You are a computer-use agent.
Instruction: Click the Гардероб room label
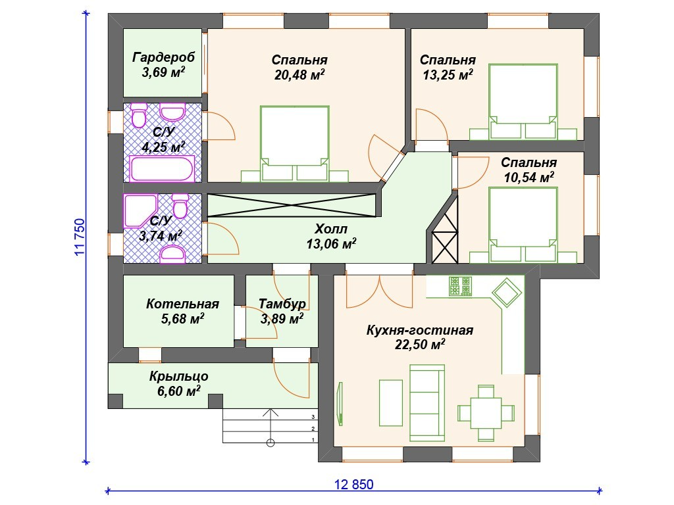click(163, 57)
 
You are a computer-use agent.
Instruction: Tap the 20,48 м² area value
click(299, 75)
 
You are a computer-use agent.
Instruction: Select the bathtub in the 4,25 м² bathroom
click(162, 169)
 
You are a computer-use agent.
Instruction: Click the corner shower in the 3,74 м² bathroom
click(140, 211)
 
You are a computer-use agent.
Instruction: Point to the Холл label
click(331, 228)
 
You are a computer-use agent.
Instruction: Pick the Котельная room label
click(183, 304)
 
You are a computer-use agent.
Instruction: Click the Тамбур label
click(282, 304)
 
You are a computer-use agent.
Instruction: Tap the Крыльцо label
click(179, 377)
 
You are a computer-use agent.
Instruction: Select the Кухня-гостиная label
click(419, 330)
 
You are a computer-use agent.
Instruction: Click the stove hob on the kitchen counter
click(460, 287)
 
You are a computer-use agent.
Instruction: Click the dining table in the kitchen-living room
click(486, 413)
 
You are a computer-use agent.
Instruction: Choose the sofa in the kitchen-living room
click(427, 403)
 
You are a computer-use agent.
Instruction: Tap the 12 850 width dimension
click(353, 485)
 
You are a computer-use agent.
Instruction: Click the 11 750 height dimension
click(80, 237)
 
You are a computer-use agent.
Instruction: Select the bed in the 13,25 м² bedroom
click(523, 102)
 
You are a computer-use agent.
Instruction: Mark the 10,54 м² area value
click(529, 177)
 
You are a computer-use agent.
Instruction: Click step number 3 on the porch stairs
click(313, 416)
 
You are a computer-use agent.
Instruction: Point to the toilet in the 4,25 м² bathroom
click(139, 115)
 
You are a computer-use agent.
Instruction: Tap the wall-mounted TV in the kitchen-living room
click(340, 404)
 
